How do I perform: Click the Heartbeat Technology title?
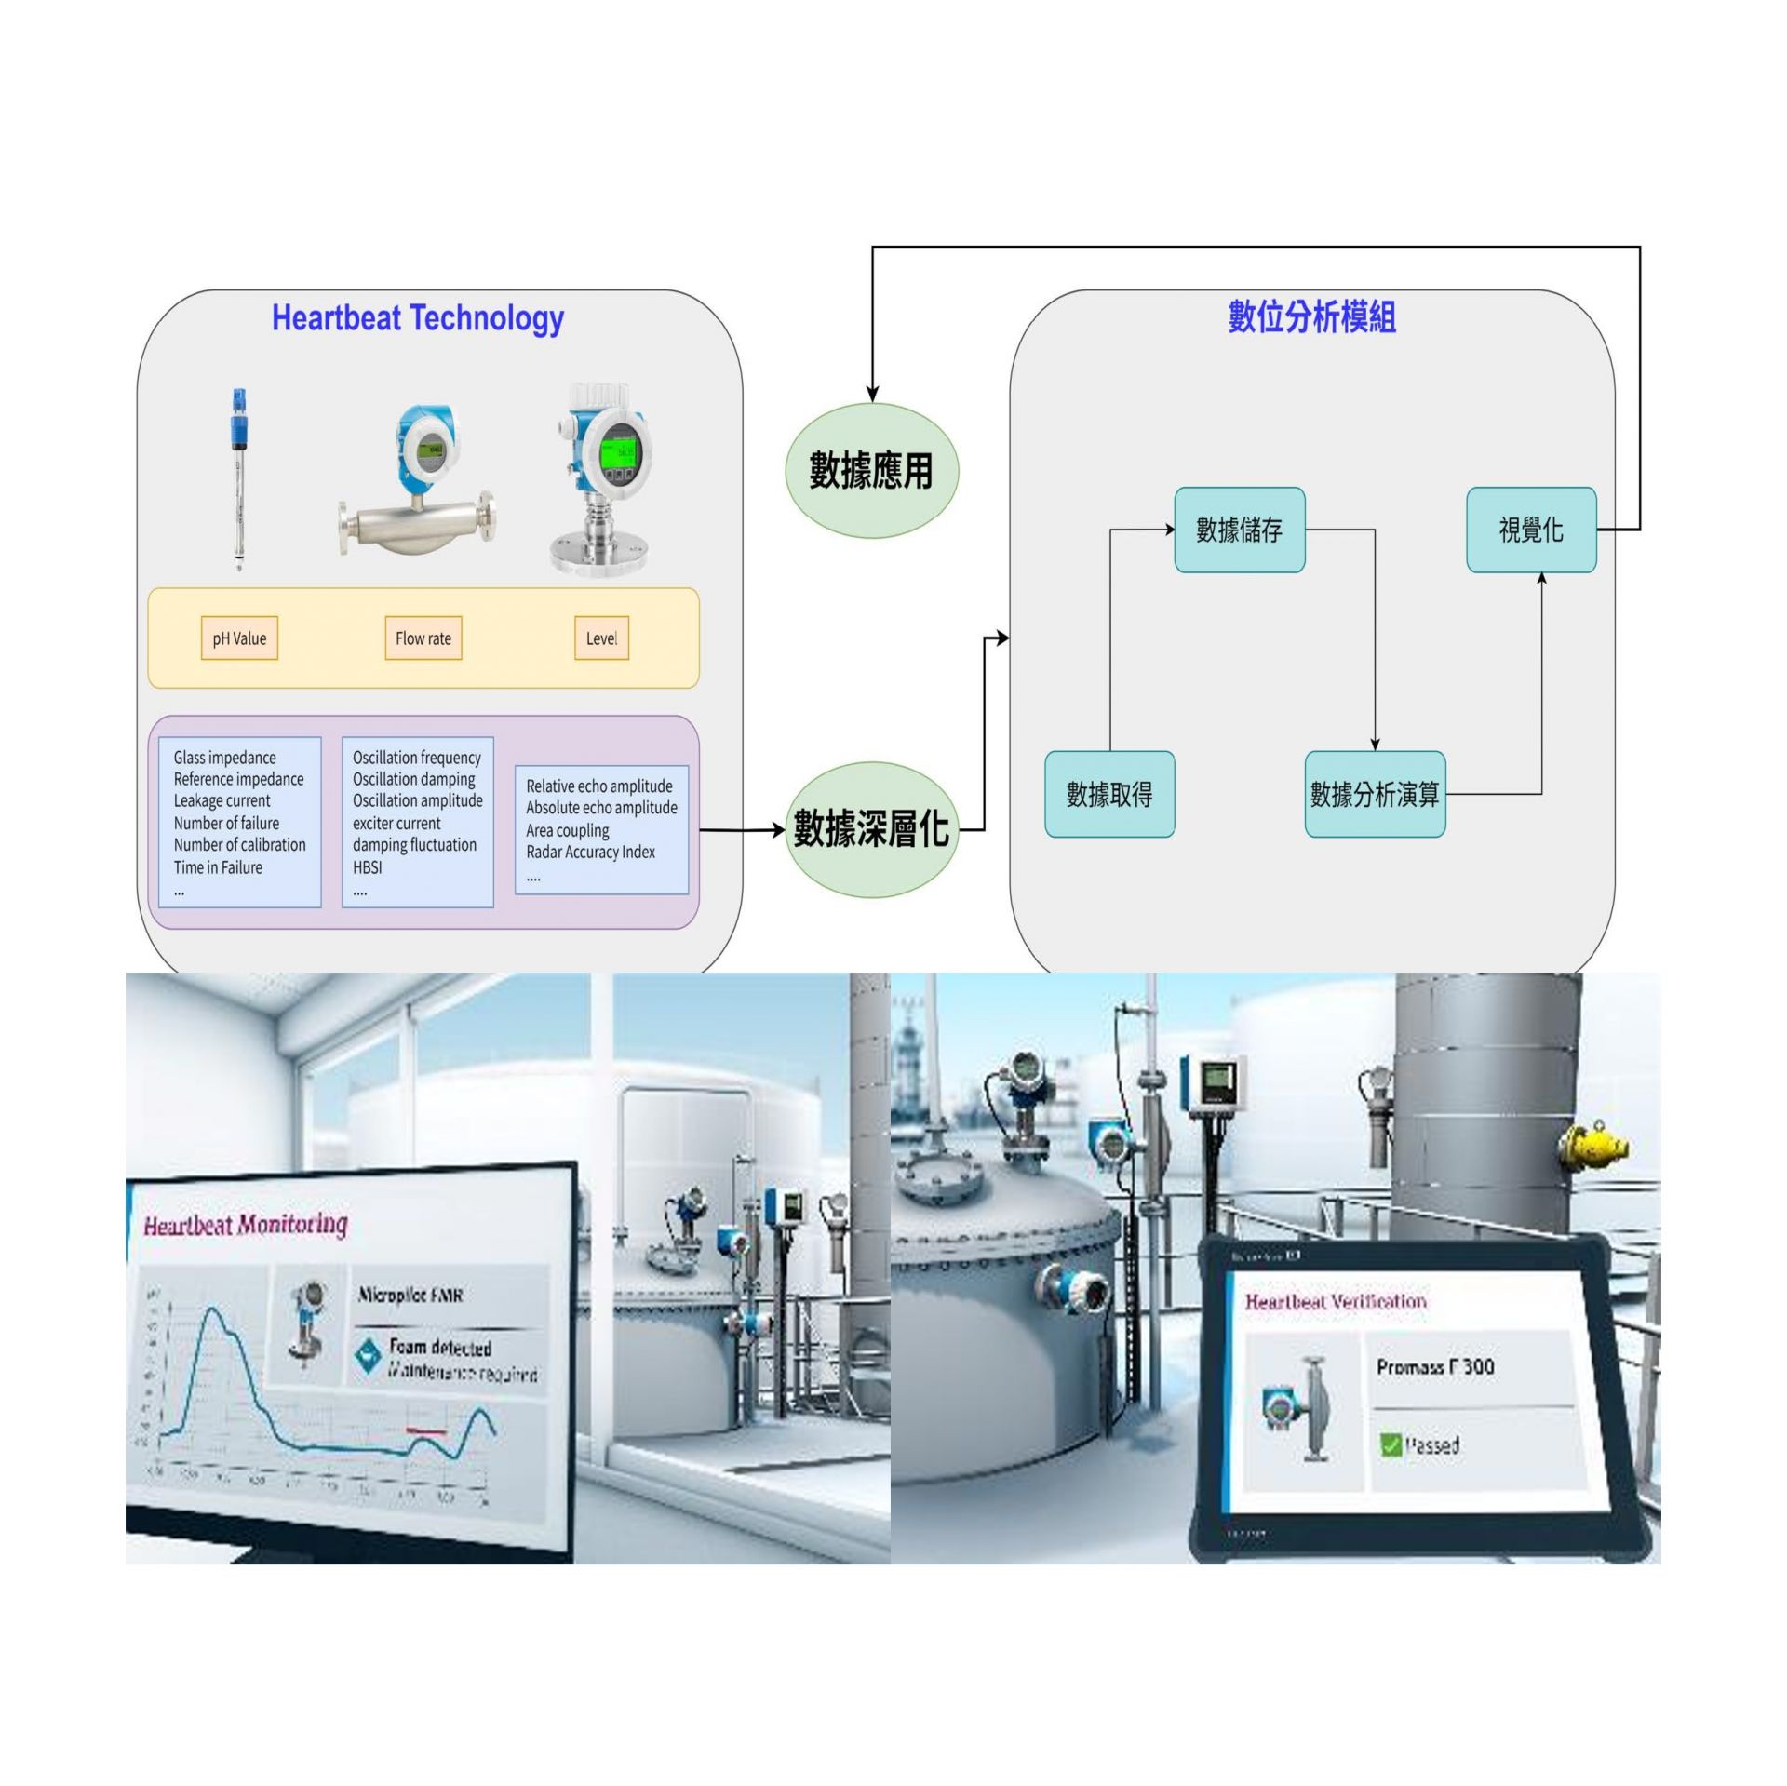[x=417, y=318]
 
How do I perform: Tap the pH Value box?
[x=239, y=638]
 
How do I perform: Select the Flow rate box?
[x=423, y=638]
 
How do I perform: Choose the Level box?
[x=601, y=638]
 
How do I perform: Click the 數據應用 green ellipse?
[x=870, y=470]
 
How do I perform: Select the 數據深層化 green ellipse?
[x=870, y=828]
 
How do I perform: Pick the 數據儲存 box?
[x=1239, y=530]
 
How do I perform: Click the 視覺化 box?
[x=1531, y=530]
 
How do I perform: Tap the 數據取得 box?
[x=1109, y=794]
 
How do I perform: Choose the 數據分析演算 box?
[x=1375, y=794]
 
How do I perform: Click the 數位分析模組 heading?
[x=1311, y=317]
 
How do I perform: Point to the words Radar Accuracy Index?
[x=591, y=852]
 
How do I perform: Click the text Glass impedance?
[x=224, y=758]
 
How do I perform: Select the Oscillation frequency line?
[x=416, y=758]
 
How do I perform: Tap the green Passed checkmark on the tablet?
[x=1391, y=1445]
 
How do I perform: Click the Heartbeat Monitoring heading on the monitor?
[x=246, y=1225]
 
